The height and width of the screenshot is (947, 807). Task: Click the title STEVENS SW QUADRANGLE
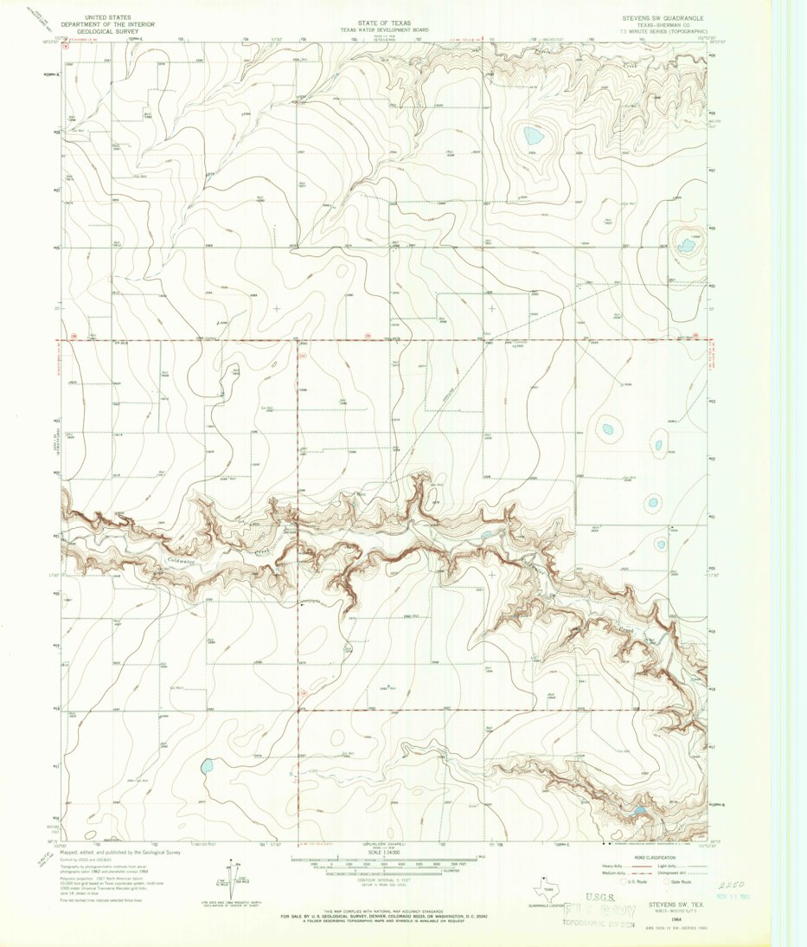click(x=661, y=18)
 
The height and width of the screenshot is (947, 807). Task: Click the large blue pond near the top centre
click(x=532, y=136)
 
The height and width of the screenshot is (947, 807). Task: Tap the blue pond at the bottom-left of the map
click(x=207, y=766)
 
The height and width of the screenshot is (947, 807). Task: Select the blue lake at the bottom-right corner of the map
click(x=637, y=811)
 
